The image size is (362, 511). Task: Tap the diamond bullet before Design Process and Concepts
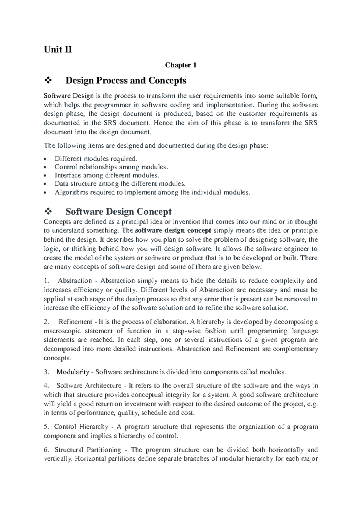click(48, 81)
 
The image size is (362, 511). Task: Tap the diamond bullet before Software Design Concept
click(48, 212)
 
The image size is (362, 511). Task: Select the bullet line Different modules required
click(96, 158)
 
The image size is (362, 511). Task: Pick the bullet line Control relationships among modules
click(110, 167)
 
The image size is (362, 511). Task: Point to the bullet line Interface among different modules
click(106, 175)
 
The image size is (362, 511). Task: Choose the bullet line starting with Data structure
click(120, 183)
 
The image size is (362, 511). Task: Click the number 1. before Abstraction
click(46, 281)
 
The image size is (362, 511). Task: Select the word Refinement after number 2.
click(75, 322)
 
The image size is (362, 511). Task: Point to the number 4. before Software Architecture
click(46, 386)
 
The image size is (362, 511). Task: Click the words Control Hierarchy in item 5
click(81, 427)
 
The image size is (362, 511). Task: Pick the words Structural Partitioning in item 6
click(88, 450)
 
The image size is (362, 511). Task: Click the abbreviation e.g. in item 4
click(312, 404)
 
